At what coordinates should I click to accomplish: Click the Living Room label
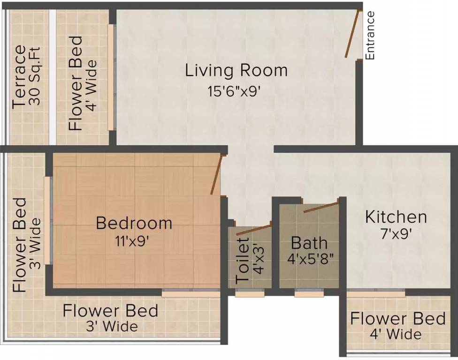pyautogui.click(x=237, y=71)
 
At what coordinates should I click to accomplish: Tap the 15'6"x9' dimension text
pyautogui.click(x=234, y=91)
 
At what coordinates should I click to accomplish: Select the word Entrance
pyautogui.click(x=370, y=35)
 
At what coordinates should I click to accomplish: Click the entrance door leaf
pyautogui.click(x=352, y=34)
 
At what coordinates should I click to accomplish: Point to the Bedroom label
pyautogui.click(x=134, y=223)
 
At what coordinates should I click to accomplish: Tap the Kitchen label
pyautogui.click(x=396, y=217)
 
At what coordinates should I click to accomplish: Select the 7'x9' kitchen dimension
pyautogui.click(x=397, y=234)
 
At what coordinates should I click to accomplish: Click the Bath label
pyautogui.click(x=309, y=243)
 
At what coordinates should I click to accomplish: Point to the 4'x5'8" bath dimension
pyautogui.click(x=310, y=258)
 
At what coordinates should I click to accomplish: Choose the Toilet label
pyautogui.click(x=243, y=261)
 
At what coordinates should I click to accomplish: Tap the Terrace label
pyautogui.click(x=19, y=77)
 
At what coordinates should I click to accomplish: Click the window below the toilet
pyautogui.click(x=250, y=292)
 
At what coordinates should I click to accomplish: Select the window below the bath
pyautogui.click(x=309, y=292)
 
